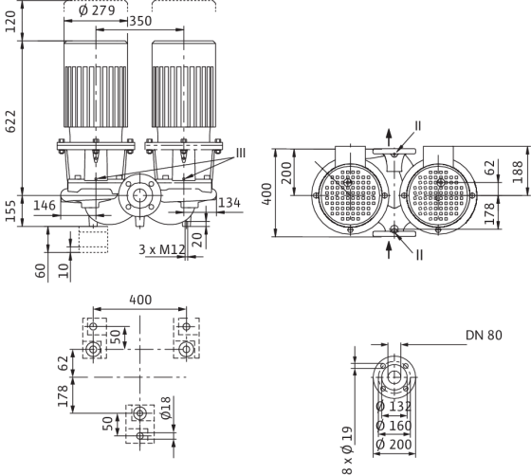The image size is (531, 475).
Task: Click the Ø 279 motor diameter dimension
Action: [x=97, y=10]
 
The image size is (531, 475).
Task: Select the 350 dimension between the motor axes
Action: [x=140, y=21]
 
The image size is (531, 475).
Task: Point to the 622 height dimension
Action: [x=10, y=121]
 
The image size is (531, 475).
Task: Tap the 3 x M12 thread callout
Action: [x=162, y=249]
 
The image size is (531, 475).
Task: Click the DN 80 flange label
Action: [x=484, y=336]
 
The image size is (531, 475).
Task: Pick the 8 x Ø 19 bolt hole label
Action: [x=347, y=450]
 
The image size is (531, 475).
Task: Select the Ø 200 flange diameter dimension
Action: [x=394, y=445]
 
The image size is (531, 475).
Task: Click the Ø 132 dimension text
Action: [x=394, y=407]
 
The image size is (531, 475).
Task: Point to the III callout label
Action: [x=241, y=153]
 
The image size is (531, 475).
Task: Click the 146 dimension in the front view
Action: [x=45, y=205]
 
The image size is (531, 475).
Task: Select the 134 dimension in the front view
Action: [x=229, y=203]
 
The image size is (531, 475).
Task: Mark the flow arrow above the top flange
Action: [x=389, y=137]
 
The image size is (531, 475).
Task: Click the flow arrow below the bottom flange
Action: [x=389, y=250]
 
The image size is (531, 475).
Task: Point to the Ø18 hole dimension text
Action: [x=167, y=408]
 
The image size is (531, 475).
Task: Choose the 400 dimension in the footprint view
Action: [x=140, y=300]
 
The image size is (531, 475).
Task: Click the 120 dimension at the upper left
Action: [x=10, y=22]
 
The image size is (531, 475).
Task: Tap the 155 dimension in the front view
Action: [x=10, y=210]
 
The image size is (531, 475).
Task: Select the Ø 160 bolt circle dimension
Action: [x=394, y=426]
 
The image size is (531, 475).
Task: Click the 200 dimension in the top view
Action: [x=287, y=173]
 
